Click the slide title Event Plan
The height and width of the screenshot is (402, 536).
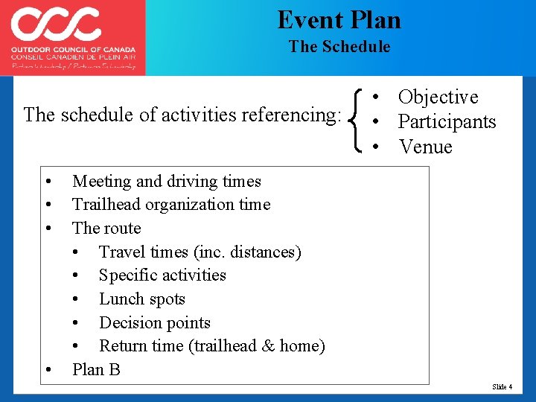(x=339, y=19)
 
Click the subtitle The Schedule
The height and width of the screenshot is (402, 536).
(x=339, y=47)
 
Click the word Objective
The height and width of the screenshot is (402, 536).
(x=438, y=98)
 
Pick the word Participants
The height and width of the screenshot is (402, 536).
(x=447, y=122)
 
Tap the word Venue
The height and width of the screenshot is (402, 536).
(x=425, y=147)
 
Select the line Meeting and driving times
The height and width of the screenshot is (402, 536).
(x=166, y=181)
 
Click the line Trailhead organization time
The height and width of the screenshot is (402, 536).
(x=170, y=205)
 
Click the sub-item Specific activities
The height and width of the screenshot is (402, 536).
(x=162, y=275)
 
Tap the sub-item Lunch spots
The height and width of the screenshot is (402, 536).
(x=141, y=299)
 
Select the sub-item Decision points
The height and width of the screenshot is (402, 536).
(x=154, y=323)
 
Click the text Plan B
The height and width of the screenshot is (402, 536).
(x=96, y=370)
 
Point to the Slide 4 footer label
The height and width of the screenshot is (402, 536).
(x=502, y=387)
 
